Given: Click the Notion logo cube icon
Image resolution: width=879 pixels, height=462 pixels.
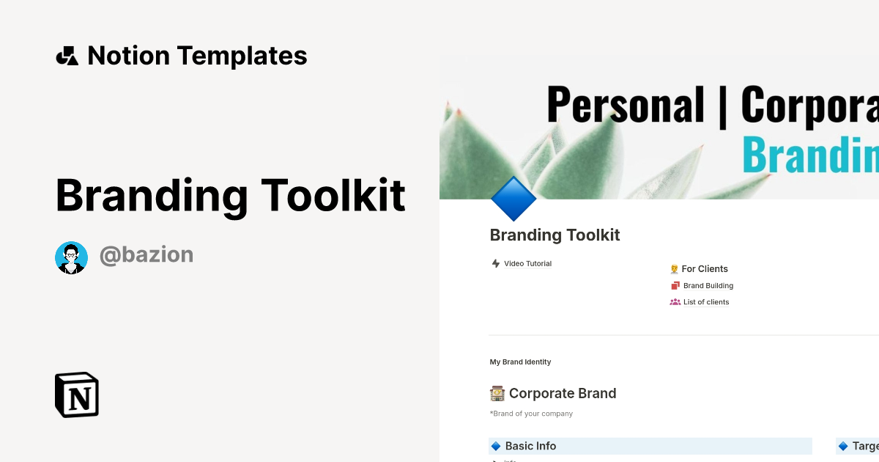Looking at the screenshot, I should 77,395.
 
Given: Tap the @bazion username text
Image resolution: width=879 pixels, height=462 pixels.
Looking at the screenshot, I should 146,255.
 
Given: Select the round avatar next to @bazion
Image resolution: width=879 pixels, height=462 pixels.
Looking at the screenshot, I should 71,257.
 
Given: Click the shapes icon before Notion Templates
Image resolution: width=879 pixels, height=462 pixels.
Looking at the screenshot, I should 67,56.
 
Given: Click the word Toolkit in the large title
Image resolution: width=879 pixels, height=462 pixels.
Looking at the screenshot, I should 333,195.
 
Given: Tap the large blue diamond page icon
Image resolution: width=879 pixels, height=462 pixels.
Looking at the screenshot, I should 513,199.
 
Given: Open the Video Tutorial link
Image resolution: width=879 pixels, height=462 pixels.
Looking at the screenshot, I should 527,263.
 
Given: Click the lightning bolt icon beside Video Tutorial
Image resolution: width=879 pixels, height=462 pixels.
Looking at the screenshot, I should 496,263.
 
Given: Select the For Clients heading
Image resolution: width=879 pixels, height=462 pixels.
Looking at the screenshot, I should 705,268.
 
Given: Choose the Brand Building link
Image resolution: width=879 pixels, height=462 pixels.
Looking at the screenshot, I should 708,285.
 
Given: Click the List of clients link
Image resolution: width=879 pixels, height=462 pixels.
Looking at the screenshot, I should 706,301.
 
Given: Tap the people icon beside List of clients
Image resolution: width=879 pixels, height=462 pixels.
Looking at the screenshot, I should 675,301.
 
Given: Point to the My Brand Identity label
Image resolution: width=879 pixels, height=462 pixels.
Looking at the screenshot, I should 520,362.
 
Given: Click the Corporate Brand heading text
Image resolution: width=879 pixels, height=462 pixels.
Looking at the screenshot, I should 563,393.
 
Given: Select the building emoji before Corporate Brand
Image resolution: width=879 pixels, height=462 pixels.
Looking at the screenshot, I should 497,393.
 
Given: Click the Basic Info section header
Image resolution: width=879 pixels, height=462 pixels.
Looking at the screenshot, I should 530,446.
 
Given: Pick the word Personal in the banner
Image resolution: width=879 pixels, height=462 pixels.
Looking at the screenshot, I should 625,105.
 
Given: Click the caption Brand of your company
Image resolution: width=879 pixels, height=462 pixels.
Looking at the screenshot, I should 533,414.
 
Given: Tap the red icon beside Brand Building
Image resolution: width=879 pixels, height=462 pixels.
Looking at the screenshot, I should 675,285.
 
